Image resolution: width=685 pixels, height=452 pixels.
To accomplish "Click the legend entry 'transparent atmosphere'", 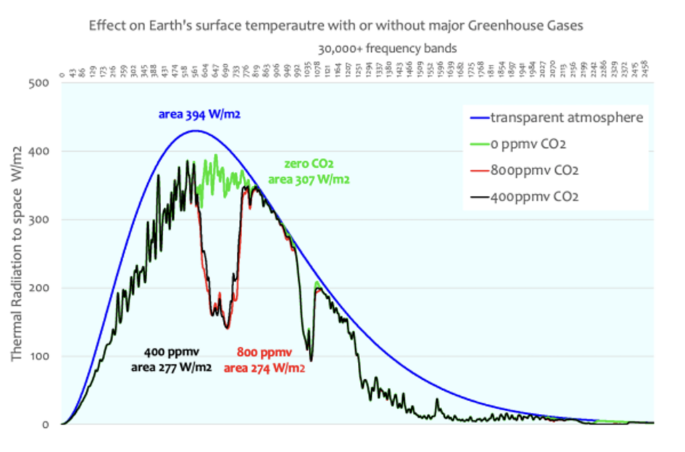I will click(x=567, y=118).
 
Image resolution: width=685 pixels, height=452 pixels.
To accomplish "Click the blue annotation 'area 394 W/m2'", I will click(x=199, y=114).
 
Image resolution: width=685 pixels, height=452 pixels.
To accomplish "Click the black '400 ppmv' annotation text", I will click(x=172, y=352).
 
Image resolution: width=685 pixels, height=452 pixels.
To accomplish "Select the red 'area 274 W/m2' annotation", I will click(x=264, y=367).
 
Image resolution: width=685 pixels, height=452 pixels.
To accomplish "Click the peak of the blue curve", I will click(x=194, y=130).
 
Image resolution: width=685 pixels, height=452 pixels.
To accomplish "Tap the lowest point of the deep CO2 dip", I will click(x=227, y=328).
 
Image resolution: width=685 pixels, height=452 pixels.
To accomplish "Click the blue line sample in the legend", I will click(x=477, y=118).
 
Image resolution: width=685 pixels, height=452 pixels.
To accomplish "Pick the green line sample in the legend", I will click(x=477, y=144).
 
